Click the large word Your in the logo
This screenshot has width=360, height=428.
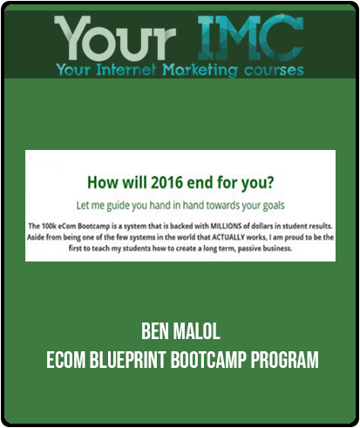tap(115, 37)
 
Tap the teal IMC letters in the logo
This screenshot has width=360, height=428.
tap(250, 37)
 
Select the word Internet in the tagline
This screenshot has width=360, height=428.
tap(126, 70)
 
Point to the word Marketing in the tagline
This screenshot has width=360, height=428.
tap(200, 71)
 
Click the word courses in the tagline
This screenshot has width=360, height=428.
tap(274, 71)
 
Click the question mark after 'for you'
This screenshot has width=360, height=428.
tap(269, 183)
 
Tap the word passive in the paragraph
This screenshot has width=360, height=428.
tap(249, 248)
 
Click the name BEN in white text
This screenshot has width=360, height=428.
tap(155, 331)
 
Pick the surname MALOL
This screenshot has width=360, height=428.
tap(196, 331)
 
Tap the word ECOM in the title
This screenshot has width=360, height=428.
tap(65, 360)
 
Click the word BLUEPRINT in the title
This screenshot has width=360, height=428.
tap(128, 360)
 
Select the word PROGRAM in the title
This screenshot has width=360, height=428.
tap(285, 360)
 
